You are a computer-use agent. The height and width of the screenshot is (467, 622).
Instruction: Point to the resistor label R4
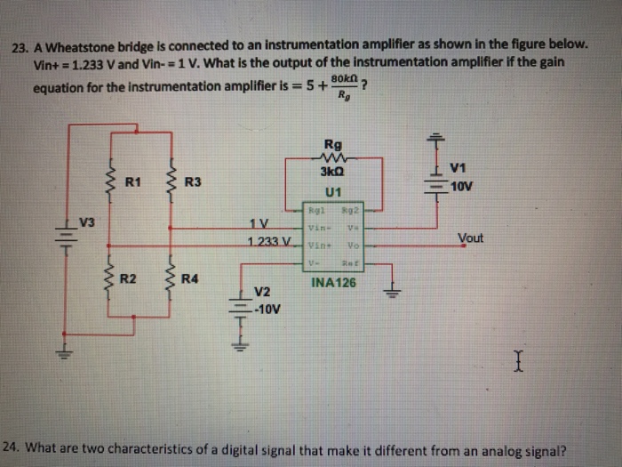pyautogui.click(x=190, y=279)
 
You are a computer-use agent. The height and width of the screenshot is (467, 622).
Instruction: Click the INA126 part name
pyautogui.click(x=333, y=283)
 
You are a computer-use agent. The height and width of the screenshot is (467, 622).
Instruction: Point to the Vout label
pyautogui.click(x=472, y=238)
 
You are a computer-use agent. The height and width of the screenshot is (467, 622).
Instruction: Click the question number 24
pyautogui.click(x=12, y=447)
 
